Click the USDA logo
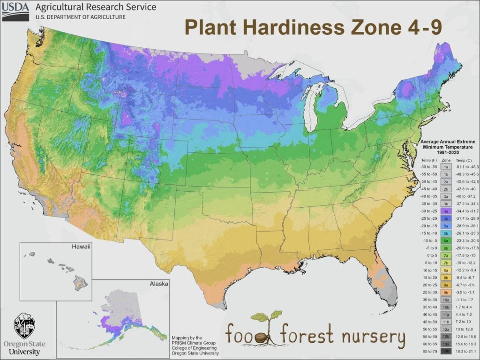15,11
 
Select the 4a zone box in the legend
446,211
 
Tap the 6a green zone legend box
446,241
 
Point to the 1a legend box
446,166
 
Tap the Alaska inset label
159,284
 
